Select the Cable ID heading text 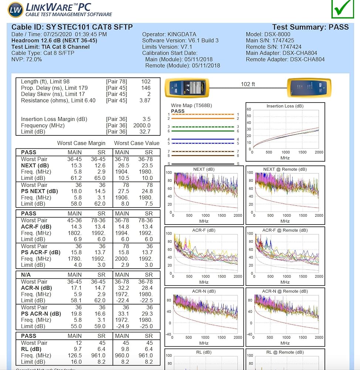click(72, 27)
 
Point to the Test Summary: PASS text click(310, 27)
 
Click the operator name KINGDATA click(183, 34)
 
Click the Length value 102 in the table click(146, 81)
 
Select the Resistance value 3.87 click(145, 100)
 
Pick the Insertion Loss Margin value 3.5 click(146, 119)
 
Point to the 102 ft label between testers click(248, 84)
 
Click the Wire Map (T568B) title click(191, 105)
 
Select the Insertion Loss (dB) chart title click(285, 106)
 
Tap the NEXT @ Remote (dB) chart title click(285, 169)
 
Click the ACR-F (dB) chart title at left click(204, 230)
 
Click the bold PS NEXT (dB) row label click(40, 191)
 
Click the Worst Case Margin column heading click(81, 143)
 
